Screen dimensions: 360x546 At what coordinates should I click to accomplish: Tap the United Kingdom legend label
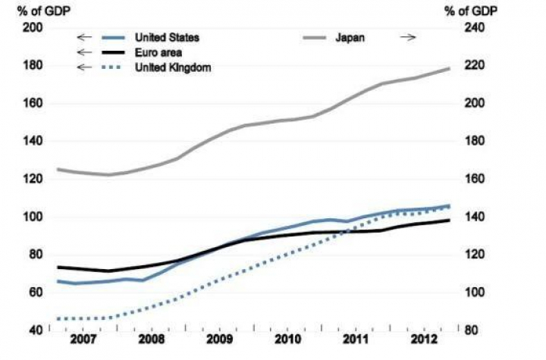tap(173, 67)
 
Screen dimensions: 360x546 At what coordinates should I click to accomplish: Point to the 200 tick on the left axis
tap(33, 28)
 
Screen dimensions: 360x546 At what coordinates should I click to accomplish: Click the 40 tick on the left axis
tap(36, 330)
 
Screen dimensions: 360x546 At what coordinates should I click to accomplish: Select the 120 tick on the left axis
tap(33, 180)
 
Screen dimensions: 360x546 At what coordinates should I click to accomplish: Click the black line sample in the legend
tap(111, 52)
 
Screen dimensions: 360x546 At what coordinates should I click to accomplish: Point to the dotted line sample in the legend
tap(111, 67)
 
